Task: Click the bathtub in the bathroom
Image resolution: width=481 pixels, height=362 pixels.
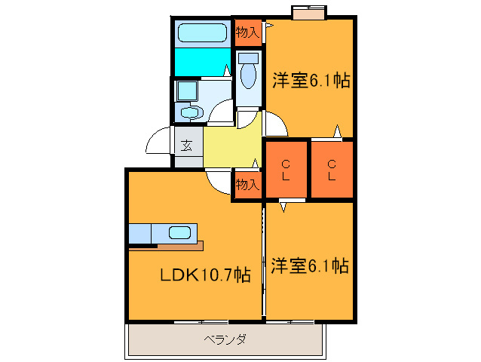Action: click(x=202, y=33)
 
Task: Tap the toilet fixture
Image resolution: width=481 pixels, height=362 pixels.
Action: click(x=247, y=72)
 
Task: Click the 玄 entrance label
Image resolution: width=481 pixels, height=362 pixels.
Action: click(x=186, y=145)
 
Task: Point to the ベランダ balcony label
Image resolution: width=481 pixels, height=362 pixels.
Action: click(x=225, y=339)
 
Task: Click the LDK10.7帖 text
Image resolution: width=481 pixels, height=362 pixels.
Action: click(x=204, y=275)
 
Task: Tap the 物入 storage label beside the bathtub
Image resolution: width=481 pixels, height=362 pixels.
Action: click(x=247, y=32)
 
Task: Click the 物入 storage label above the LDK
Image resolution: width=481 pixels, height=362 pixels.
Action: click(x=247, y=183)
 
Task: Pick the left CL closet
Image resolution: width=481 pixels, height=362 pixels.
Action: click(x=286, y=170)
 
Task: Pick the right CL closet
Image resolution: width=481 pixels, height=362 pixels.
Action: click(x=332, y=170)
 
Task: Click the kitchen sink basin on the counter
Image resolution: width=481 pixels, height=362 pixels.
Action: click(x=179, y=232)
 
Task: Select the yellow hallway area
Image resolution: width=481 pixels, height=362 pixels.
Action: click(x=230, y=147)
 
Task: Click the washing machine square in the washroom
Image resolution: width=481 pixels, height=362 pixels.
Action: click(x=185, y=90)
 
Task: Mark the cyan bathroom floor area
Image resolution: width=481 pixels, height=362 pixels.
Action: click(x=202, y=61)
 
